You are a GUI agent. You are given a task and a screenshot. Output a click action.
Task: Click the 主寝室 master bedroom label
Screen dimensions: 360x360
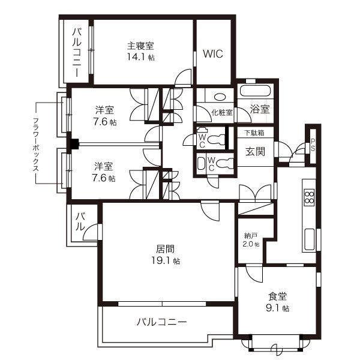[x=140, y=45]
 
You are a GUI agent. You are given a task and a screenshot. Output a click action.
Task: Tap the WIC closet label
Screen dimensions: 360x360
[x=212, y=53]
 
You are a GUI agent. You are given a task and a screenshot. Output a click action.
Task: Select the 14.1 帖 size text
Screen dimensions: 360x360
[x=140, y=57]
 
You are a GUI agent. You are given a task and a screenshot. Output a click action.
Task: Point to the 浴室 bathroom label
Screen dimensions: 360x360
[x=260, y=110]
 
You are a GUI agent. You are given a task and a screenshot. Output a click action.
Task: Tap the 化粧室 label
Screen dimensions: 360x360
[x=221, y=112]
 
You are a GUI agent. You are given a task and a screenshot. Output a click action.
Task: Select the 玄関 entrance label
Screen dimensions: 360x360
[x=256, y=152]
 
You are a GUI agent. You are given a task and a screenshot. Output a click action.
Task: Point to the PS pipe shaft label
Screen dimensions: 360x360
[x=313, y=145]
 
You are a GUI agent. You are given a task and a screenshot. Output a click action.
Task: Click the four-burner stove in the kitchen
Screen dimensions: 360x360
[x=310, y=197]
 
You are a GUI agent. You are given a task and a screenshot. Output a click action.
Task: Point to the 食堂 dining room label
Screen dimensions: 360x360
[x=277, y=296]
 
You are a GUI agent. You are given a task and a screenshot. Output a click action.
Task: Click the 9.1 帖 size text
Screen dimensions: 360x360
[x=277, y=308]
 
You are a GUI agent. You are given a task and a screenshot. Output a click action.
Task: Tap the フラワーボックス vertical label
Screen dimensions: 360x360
[x=37, y=142]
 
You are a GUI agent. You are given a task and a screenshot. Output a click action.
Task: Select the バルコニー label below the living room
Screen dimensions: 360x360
[x=161, y=322]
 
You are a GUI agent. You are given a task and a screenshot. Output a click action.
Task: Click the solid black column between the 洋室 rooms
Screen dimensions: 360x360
[x=74, y=144]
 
